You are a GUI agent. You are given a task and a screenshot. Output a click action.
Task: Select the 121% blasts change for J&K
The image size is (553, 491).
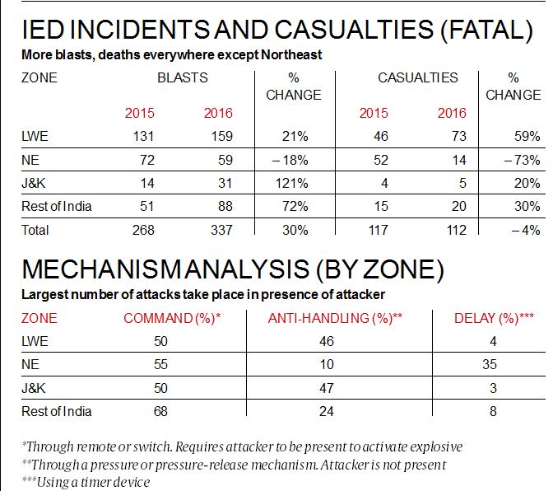pyautogui.click(x=291, y=184)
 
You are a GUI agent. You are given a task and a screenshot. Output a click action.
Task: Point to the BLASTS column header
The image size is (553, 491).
pyautogui.click(x=182, y=78)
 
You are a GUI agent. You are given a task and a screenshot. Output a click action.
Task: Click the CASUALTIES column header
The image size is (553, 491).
pyautogui.click(x=417, y=78)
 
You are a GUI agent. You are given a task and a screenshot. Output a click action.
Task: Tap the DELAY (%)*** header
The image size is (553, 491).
pyautogui.click(x=493, y=317)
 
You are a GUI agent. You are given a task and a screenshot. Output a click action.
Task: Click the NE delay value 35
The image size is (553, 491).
pyautogui.click(x=493, y=364)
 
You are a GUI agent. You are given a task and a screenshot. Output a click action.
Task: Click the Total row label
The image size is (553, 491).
pyautogui.click(x=36, y=231)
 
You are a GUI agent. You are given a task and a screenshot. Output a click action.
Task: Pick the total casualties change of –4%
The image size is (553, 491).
pyautogui.click(x=524, y=231)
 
